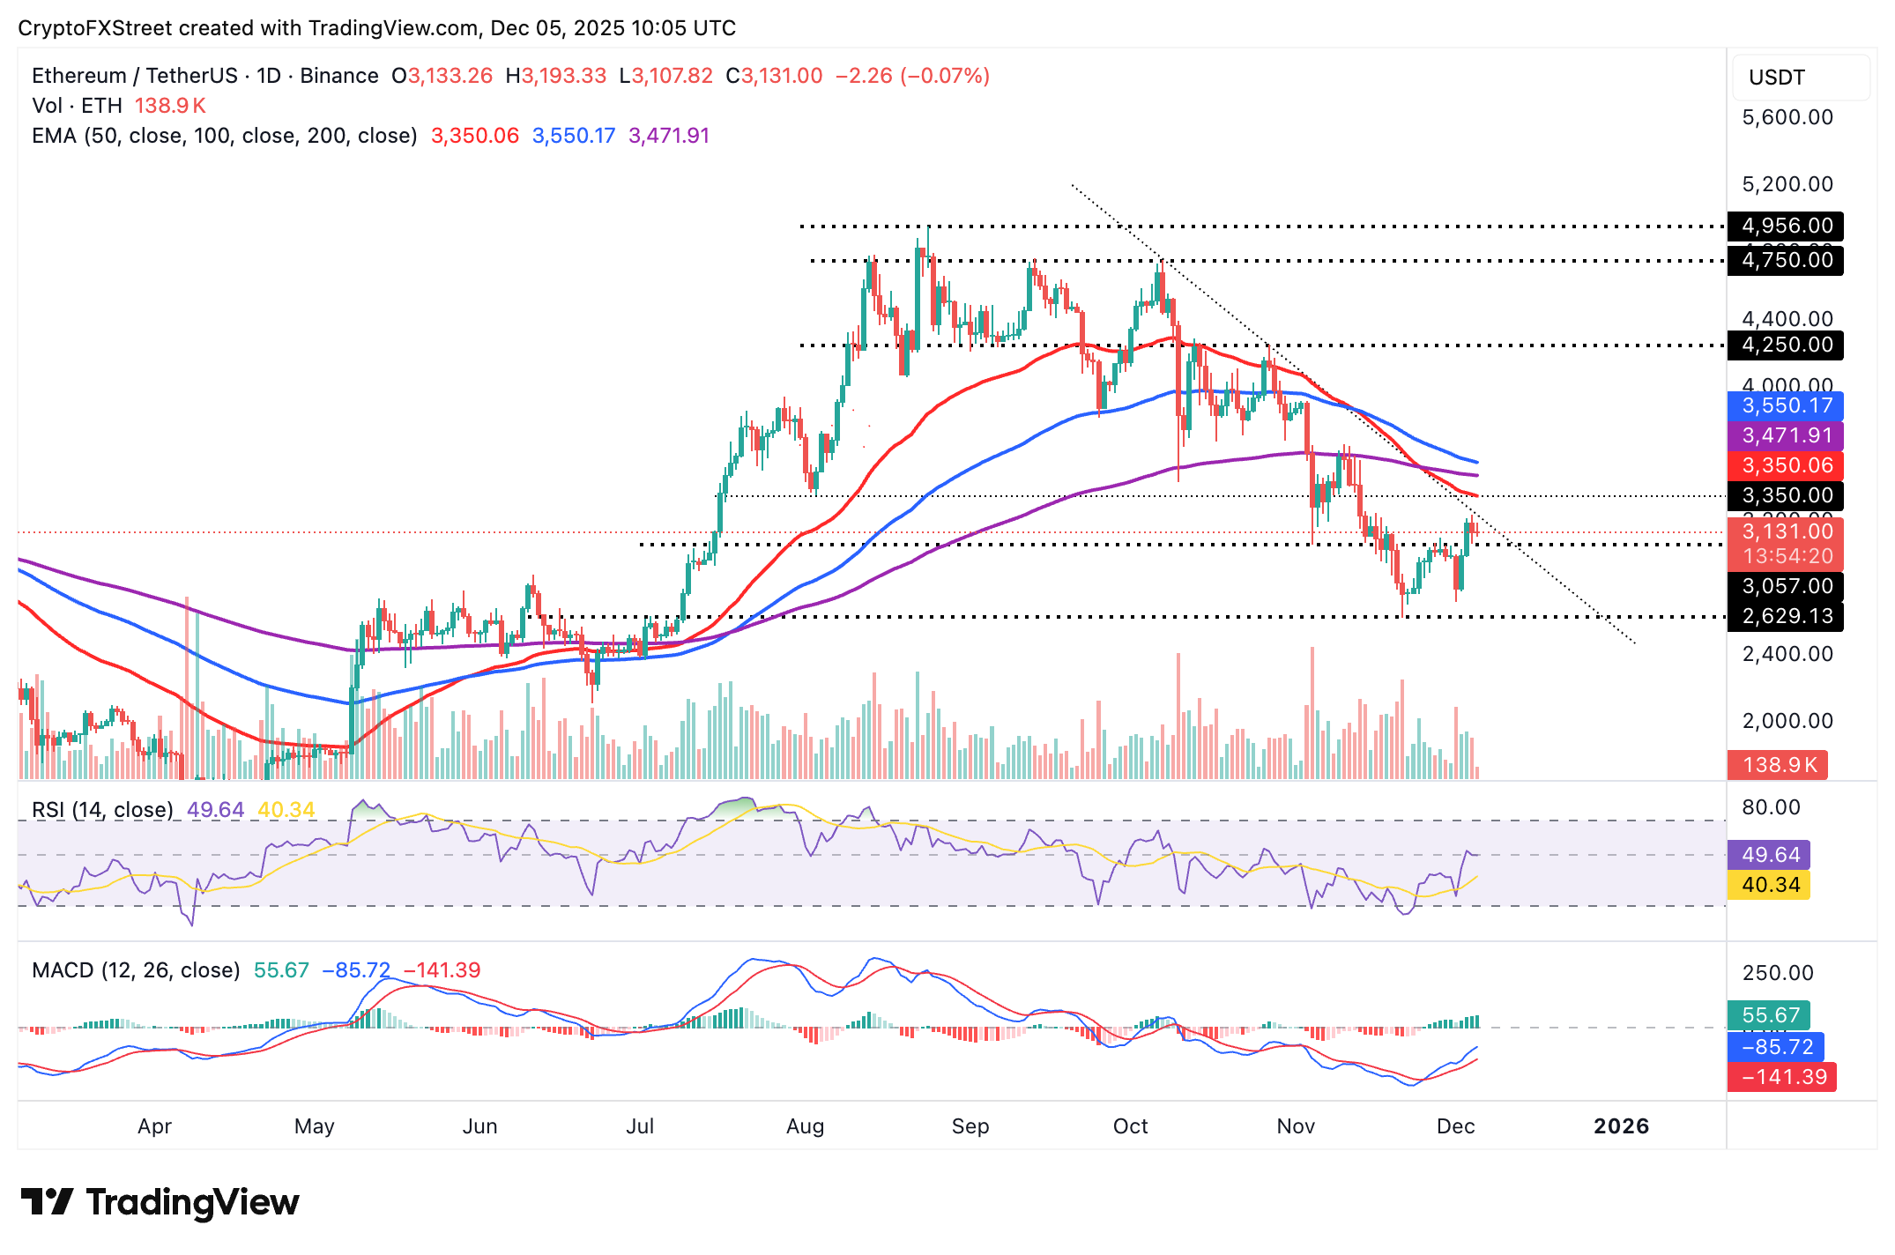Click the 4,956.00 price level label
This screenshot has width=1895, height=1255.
[1786, 226]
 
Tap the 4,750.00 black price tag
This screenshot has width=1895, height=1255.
[1786, 260]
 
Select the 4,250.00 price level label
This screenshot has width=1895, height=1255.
[1786, 345]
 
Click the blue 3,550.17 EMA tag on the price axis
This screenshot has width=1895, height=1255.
[1786, 405]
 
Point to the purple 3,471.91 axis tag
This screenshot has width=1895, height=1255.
[1786, 435]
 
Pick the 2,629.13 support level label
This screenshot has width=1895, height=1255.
[1786, 616]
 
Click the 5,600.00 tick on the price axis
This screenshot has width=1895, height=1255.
[1787, 117]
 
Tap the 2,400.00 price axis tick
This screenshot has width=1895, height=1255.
[1787, 654]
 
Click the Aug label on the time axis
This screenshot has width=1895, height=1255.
[805, 1126]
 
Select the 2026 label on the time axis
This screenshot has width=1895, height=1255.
[1621, 1126]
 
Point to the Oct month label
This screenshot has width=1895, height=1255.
[1130, 1126]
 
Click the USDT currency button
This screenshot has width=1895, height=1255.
[1799, 78]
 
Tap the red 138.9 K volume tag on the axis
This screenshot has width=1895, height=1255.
[1778, 764]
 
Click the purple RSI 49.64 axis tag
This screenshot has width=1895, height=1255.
[1770, 855]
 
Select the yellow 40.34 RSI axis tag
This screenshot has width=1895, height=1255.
[1770, 885]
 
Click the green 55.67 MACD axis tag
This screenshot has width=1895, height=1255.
[1770, 1015]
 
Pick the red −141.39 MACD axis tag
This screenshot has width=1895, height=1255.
[1782, 1077]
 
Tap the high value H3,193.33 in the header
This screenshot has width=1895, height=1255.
[556, 76]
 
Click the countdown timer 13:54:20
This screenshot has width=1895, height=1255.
[1787, 556]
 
